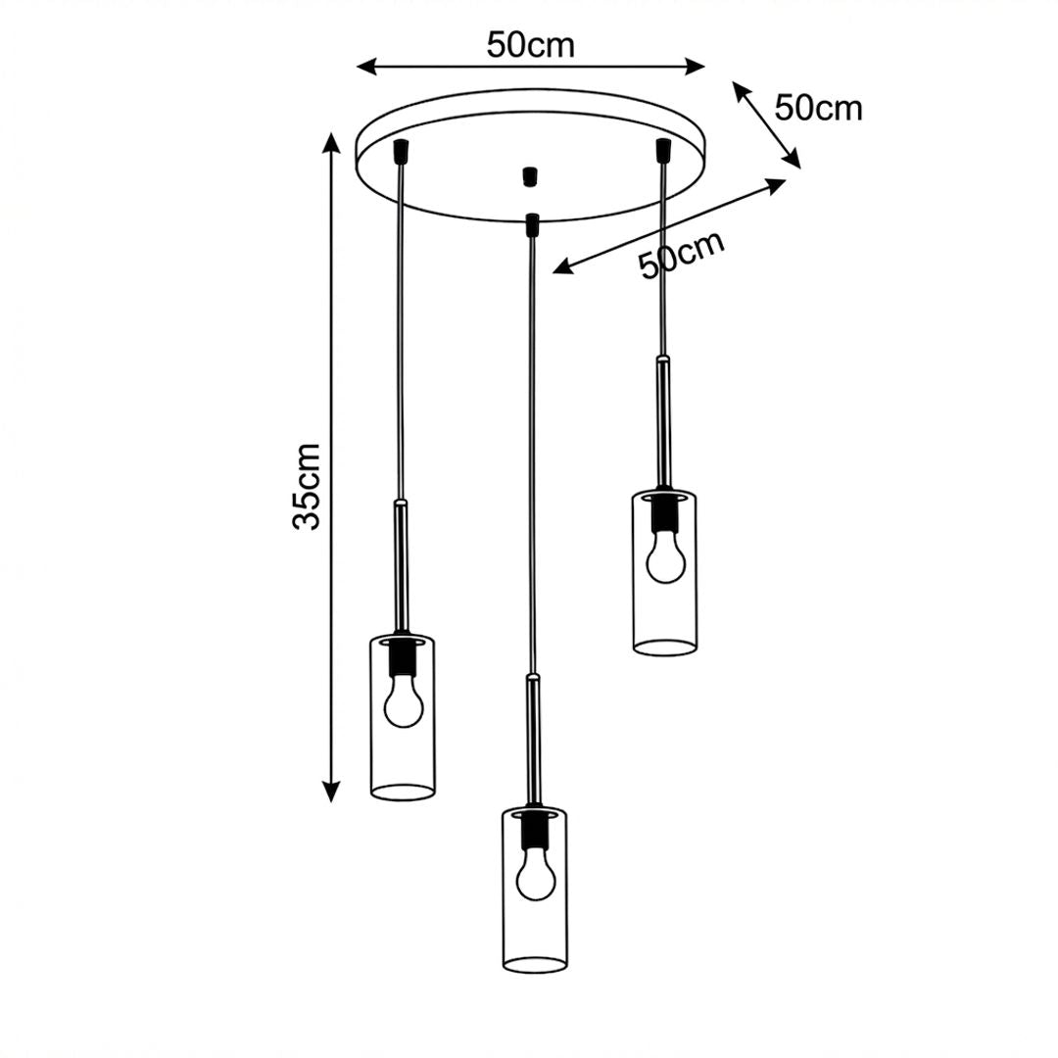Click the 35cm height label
coord(306,487)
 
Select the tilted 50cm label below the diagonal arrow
coord(682,254)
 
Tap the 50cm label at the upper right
coord(818,108)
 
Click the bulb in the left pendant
coord(404,703)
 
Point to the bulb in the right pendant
coord(665,558)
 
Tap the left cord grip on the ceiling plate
coord(403,151)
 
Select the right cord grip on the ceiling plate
coord(663,150)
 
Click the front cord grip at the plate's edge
coord(532,224)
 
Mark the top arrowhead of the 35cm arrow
coord(331,142)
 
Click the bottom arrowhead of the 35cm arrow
coord(331,793)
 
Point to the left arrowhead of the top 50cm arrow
coord(366,67)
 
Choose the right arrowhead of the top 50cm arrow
coord(695,67)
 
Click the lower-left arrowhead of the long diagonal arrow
coord(562,267)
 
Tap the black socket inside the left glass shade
coord(403,657)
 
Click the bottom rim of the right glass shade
coord(664,647)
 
